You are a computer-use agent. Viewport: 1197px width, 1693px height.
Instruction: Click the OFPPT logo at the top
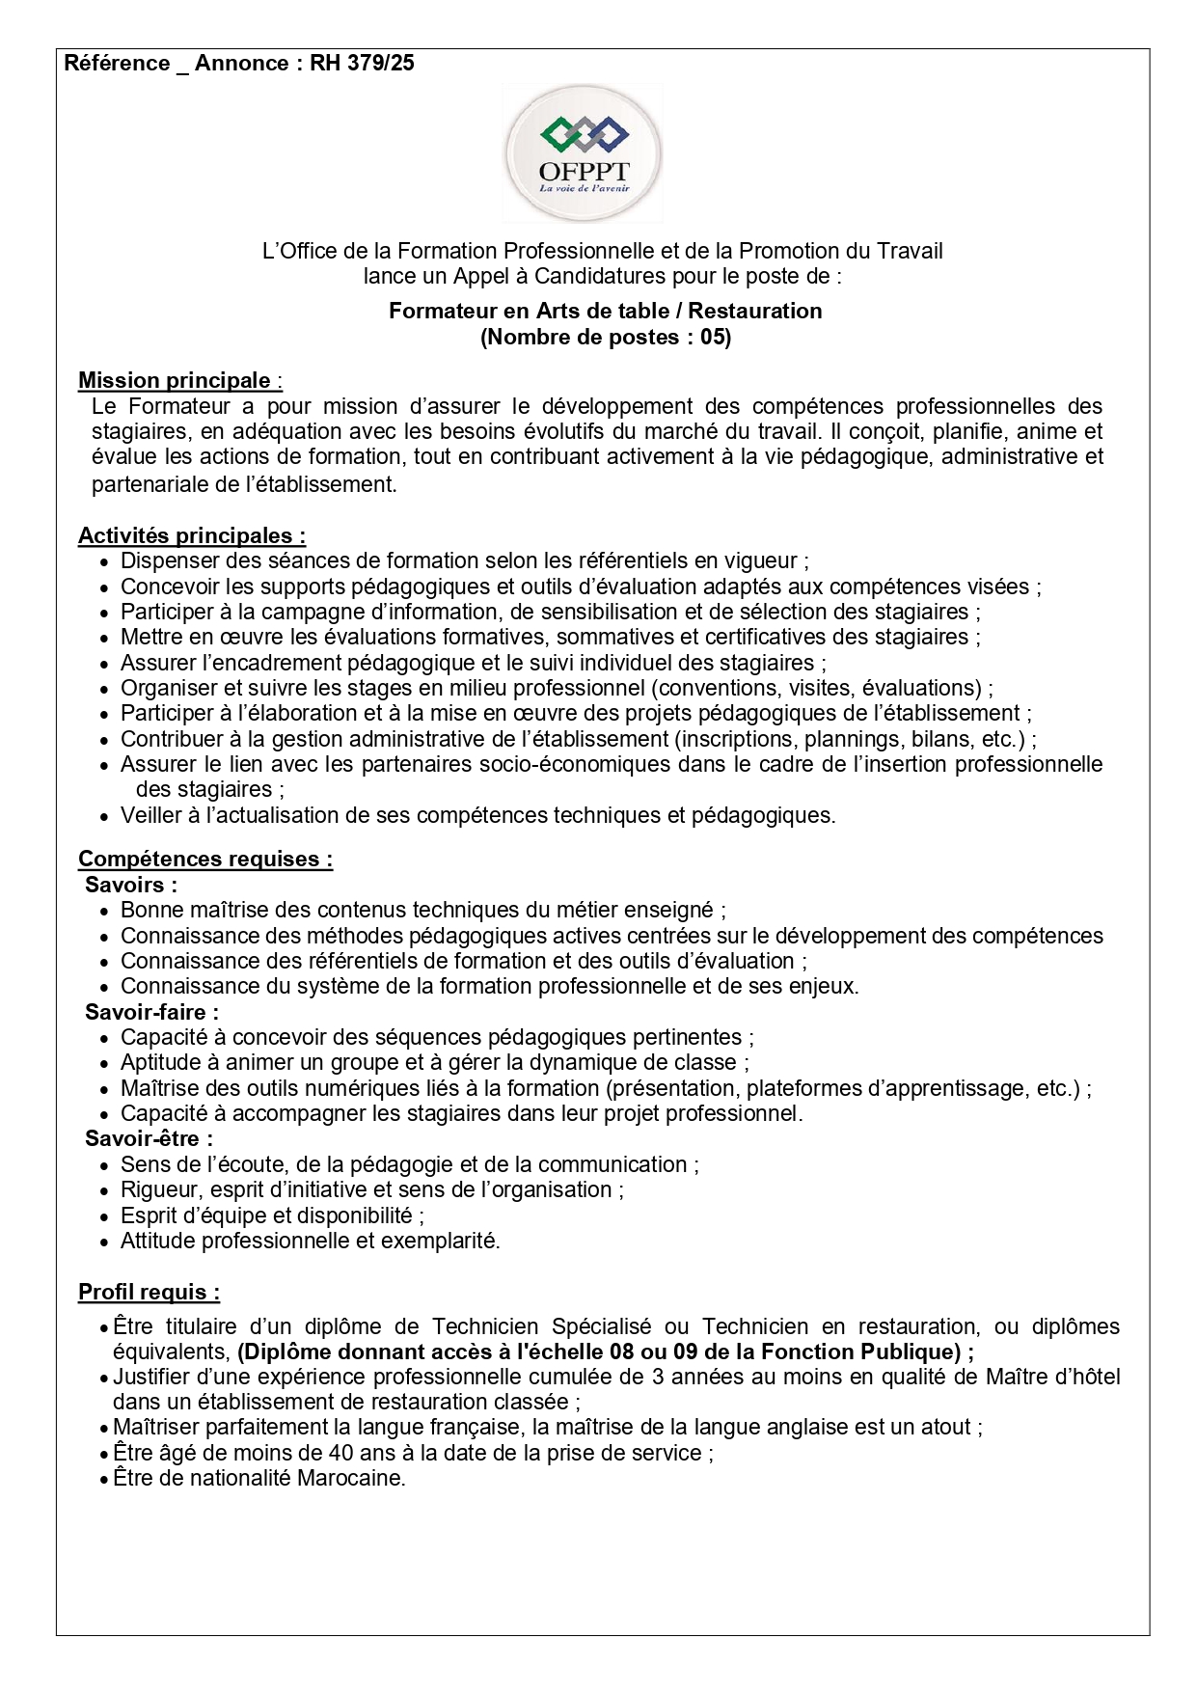(x=583, y=153)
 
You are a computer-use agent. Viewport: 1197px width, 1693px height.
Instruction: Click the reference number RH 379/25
(x=362, y=64)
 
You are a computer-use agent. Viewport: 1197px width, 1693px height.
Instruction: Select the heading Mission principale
(x=175, y=380)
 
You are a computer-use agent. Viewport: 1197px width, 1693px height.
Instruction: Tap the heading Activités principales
(x=192, y=535)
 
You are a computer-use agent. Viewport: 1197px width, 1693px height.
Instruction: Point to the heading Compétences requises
(x=205, y=859)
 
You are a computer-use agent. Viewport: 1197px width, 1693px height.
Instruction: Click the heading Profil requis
(x=149, y=1292)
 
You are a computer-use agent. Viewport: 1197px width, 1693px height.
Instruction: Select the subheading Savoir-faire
(x=151, y=1012)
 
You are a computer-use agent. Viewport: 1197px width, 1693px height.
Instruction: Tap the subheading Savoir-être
(x=149, y=1138)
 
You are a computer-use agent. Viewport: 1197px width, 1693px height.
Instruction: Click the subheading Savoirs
(x=131, y=885)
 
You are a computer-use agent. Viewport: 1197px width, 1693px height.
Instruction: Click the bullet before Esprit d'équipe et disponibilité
(x=104, y=1216)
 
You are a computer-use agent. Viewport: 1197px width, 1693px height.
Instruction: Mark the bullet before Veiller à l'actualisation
(x=104, y=816)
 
